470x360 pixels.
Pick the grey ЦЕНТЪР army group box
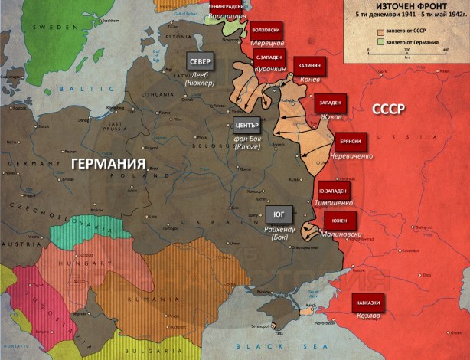[248, 125]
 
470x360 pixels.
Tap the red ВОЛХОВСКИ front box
[266, 31]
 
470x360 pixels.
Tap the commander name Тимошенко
[334, 203]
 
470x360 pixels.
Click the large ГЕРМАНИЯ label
[109, 164]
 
